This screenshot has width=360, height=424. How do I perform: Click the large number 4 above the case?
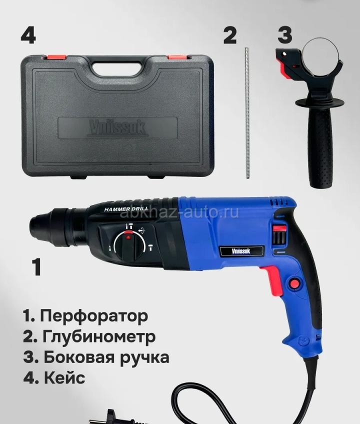pos(28,35)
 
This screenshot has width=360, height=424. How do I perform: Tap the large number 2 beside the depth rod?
pos(230,35)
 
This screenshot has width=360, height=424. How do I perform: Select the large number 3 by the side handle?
pos(285,35)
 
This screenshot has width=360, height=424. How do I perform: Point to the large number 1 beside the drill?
pos(36,266)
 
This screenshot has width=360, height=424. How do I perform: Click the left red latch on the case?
pos(56,57)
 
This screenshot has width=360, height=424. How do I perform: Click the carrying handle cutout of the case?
pos(117,68)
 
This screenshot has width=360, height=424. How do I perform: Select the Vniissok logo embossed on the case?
pos(117,128)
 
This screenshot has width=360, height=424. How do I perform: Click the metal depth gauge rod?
pos(247,113)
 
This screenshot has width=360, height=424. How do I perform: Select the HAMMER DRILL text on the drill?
pos(126,209)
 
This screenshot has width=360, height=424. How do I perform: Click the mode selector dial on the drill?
pos(128,245)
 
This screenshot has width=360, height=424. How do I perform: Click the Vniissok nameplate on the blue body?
pos(241,251)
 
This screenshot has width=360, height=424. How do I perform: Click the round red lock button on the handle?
pos(295,283)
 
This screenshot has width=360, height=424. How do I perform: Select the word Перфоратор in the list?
pos(94,316)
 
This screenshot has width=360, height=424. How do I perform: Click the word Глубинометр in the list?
pos(99,336)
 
